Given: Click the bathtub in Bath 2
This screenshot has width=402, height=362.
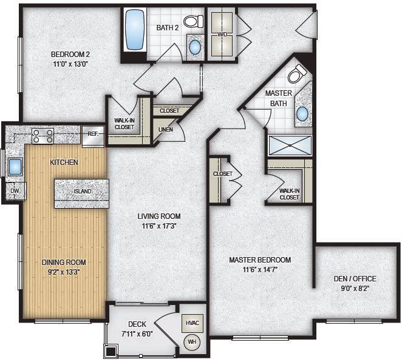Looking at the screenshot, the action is tap(135, 30).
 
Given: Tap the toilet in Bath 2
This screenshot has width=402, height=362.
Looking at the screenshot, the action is tap(194, 21).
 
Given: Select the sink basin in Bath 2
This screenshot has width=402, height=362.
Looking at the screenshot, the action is tap(195, 47).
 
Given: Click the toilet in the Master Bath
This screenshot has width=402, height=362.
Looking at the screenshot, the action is tap(297, 73).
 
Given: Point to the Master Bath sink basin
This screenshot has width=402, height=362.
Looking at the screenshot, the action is tap(302, 114).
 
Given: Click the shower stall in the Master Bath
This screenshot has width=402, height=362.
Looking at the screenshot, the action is tap(290, 145).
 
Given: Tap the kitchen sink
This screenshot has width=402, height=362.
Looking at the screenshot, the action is tap(15, 166).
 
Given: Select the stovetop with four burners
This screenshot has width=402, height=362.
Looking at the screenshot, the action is tap(43, 136).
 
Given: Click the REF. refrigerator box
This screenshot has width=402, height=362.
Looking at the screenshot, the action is tap(93, 136).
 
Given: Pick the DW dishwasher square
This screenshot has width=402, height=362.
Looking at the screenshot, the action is tap(15, 191).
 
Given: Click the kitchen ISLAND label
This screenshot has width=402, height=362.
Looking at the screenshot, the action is tap(83, 191).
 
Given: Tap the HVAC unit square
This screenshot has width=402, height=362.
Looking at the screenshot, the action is tap(192, 323).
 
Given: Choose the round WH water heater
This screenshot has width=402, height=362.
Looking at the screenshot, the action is tap(192, 342).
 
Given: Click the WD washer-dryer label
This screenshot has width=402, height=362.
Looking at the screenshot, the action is tap(222, 35).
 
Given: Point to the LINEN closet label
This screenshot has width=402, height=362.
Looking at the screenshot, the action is tap(166, 130).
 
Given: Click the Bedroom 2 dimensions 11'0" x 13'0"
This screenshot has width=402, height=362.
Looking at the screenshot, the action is tap(70, 64).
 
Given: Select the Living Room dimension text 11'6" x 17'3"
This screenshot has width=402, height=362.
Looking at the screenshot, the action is tap(159, 226).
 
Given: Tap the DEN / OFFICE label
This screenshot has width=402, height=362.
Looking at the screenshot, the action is tap(355, 278).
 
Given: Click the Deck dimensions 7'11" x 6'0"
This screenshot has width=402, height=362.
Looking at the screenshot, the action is tap(137, 334).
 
